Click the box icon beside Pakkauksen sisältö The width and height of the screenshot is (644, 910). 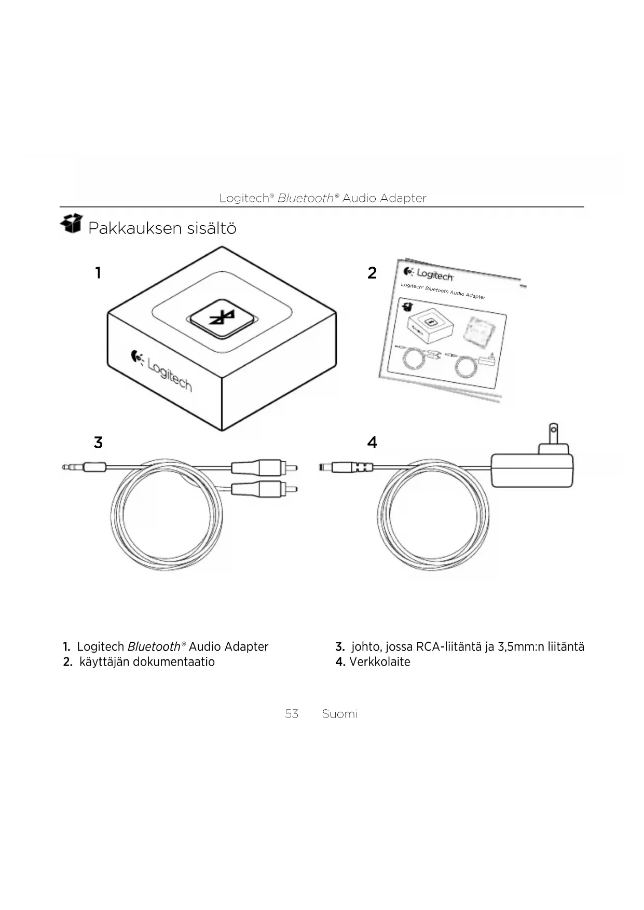(x=72, y=224)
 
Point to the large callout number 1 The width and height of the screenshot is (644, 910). (x=98, y=272)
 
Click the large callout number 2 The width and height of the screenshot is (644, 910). (x=372, y=273)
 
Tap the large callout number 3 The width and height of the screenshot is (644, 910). (x=98, y=443)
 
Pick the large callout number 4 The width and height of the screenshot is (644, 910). (x=372, y=443)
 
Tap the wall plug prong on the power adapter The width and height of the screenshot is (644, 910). (x=554, y=433)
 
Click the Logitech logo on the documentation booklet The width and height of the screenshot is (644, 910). (x=429, y=273)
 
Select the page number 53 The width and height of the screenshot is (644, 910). (x=292, y=714)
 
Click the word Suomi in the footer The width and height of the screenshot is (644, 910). (x=339, y=714)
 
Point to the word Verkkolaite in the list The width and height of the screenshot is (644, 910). (x=379, y=662)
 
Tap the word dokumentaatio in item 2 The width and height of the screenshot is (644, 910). (x=173, y=662)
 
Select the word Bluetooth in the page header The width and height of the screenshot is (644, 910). (x=306, y=198)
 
